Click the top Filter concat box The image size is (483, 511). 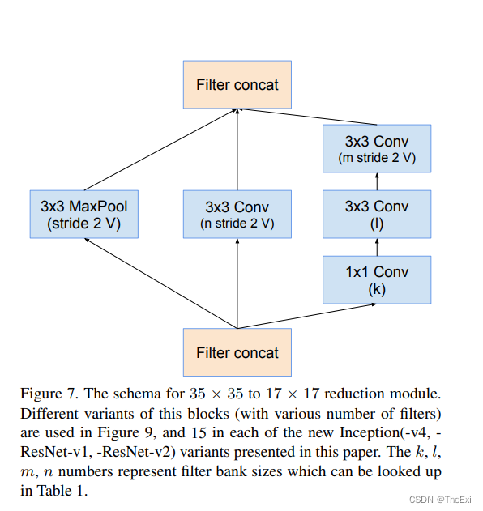(x=237, y=84)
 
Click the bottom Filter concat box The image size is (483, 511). (x=237, y=352)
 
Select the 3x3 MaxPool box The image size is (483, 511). (x=83, y=215)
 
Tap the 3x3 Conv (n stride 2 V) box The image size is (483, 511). (x=237, y=215)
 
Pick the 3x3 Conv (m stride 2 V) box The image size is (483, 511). (x=376, y=149)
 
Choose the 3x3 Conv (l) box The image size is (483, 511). (x=376, y=215)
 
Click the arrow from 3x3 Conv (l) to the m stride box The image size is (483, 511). (x=376, y=182)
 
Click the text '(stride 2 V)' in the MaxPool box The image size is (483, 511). (x=83, y=224)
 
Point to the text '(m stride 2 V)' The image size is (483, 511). (x=376, y=158)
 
